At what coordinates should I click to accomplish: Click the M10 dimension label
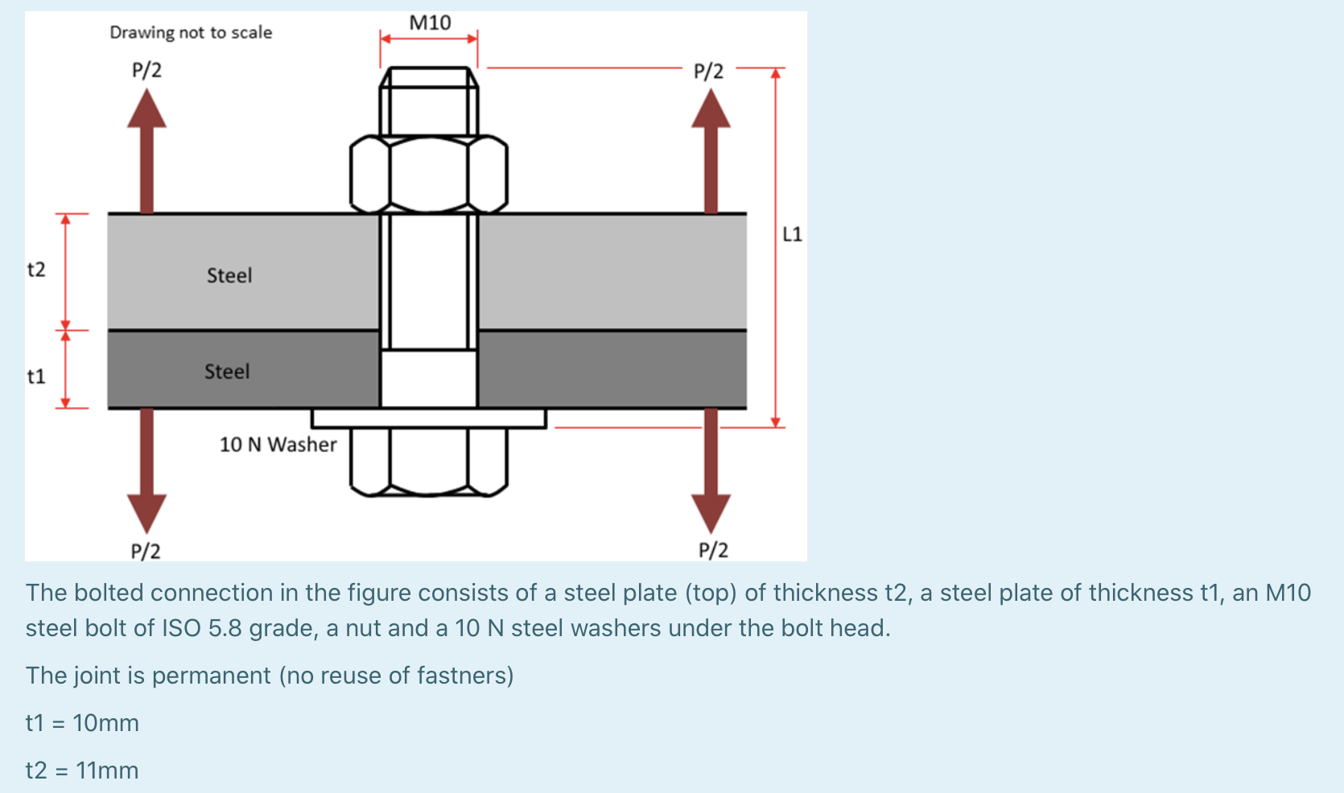pyautogui.click(x=430, y=23)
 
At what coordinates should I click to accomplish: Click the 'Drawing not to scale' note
pyautogui.click(x=191, y=32)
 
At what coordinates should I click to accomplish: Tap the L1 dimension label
pyautogui.click(x=792, y=234)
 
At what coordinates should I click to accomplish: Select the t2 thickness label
pyautogui.click(x=36, y=269)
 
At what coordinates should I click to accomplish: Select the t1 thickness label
pyautogui.click(x=36, y=376)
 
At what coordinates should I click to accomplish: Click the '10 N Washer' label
pyautogui.click(x=278, y=444)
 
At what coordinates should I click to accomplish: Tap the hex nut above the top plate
pyautogui.click(x=429, y=174)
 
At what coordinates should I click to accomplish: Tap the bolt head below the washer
pyautogui.click(x=429, y=461)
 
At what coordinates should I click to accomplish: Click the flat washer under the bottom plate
pyautogui.click(x=429, y=418)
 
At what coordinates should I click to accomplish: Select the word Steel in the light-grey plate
pyautogui.click(x=229, y=276)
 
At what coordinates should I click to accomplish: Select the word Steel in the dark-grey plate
pyautogui.click(x=227, y=372)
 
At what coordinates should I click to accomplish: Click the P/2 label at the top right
pyautogui.click(x=708, y=72)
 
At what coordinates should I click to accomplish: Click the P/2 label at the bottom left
pyautogui.click(x=146, y=551)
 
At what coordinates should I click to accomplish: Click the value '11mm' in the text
pyautogui.click(x=107, y=770)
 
